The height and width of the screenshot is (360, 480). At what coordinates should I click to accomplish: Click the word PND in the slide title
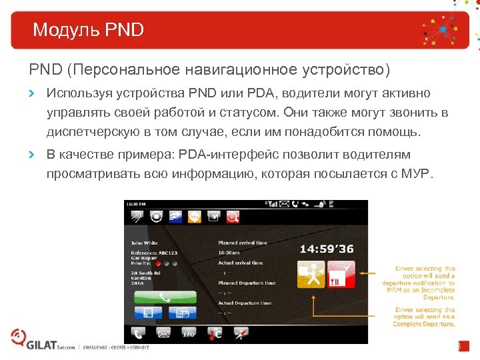pos(125,30)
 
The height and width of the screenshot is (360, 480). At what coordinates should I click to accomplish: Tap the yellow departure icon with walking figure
pos(310,275)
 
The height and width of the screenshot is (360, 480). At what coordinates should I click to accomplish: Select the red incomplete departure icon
pos(341,275)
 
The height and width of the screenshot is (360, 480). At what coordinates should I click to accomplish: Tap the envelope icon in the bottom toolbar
pos(163,333)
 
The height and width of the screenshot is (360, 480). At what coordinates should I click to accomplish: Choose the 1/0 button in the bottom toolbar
pos(189,333)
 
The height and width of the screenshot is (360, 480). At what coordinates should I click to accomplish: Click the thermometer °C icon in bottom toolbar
pos(215,333)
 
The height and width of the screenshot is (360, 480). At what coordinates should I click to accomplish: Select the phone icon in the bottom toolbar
pos(138,333)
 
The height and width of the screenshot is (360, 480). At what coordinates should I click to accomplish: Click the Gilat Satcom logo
pos(40,343)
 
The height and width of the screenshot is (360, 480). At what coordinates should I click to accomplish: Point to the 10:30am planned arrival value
pos(229,252)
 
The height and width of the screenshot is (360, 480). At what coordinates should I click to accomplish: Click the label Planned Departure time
pos(247,283)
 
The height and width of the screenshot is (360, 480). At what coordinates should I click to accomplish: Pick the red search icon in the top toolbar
pos(233,215)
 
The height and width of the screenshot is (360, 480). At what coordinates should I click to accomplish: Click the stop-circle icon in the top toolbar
pos(157,215)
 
